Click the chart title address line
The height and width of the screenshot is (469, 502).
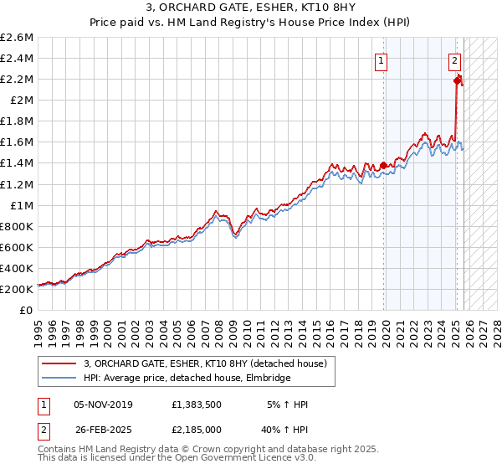[251, 8]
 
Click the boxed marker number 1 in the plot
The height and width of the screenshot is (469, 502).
[382, 60]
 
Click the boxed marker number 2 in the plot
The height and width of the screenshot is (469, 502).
[454, 60]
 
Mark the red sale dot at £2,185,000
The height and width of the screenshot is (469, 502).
[457, 80]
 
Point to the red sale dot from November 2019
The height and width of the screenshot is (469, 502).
[384, 165]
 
